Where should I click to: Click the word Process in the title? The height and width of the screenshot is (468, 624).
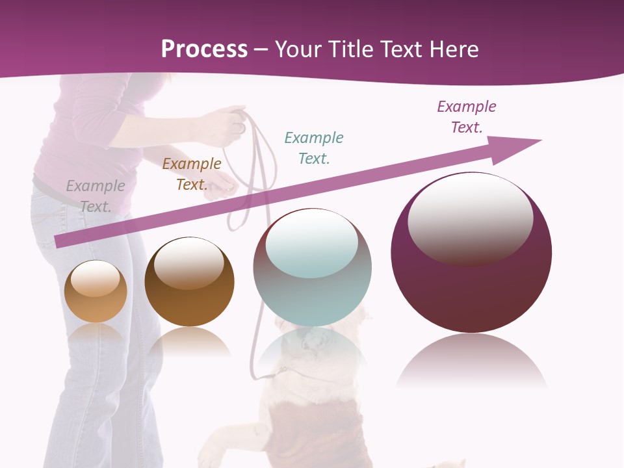(x=204, y=49)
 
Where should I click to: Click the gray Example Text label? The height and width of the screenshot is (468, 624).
(x=96, y=196)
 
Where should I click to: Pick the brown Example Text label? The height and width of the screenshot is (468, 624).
(x=192, y=174)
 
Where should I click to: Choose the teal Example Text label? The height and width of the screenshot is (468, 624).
(x=314, y=148)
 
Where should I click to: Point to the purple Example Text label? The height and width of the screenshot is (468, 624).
(x=467, y=116)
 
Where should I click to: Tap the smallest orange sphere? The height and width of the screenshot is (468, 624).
(x=96, y=299)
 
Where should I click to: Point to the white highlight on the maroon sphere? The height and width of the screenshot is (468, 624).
(x=471, y=218)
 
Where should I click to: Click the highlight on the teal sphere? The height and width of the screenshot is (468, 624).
(x=312, y=242)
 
